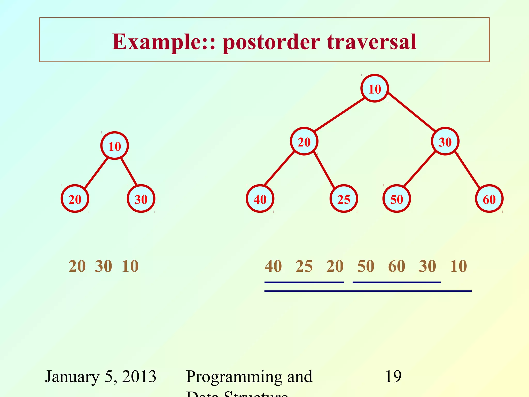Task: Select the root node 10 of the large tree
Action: tap(375, 89)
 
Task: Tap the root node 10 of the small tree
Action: tap(114, 146)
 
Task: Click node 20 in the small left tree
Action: tap(75, 199)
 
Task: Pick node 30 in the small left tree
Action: tap(141, 199)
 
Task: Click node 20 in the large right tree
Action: tap(304, 141)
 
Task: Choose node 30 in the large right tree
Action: tap(445, 141)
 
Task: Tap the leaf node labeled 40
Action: tap(260, 199)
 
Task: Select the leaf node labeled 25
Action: tap(344, 199)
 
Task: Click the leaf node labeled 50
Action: tap(396, 199)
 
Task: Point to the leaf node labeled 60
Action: tap(489, 199)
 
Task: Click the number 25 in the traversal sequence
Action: tap(304, 266)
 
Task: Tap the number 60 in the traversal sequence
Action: tap(396, 266)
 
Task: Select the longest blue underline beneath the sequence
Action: tap(368, 291)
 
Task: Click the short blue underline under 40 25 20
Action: tap(304, 282)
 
